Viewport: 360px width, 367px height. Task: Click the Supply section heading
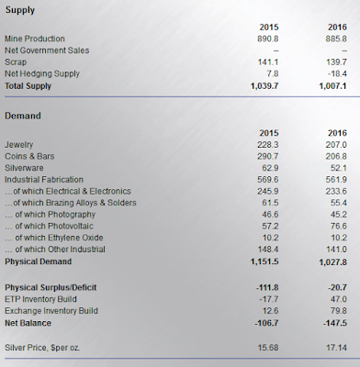coord(20,10)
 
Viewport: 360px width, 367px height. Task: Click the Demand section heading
coord(23,116)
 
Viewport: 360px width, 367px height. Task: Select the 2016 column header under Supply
coord(337,28)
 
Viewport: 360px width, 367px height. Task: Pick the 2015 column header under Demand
coord(269,133)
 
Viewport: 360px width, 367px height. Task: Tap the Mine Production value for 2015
coord(268,39)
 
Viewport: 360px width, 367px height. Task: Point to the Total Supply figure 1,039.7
coord(264,86)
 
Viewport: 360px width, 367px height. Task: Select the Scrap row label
coord(16,62)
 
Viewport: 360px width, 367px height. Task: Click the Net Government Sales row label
coord(47,50)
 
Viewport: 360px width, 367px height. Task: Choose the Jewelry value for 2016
coord(336,145)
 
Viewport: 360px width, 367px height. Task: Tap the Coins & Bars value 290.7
coord(268,156)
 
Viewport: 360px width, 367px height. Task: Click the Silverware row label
coord(24,168)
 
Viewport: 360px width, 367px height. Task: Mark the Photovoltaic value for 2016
coord(339,226)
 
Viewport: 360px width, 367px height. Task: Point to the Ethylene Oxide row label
coord(54,238)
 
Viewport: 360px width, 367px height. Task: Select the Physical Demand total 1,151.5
coord(264,261)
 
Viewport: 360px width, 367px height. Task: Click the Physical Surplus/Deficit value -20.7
coord(337,287)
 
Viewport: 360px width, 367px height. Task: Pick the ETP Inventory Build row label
coord(40,299)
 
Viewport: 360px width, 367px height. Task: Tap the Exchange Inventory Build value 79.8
coord(339,311)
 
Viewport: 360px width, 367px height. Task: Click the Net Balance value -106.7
coord(266,323)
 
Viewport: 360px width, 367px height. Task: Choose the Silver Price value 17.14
coord(337,348)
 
